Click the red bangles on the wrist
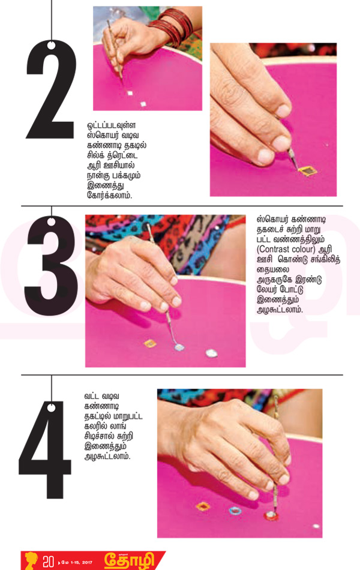click(x=170, y=26)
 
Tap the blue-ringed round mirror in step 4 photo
click(x=235, y=511)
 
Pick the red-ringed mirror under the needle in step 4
click(x=271, y=515)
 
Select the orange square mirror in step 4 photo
click(x=203, y=506)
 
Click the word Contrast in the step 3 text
click(x=275, y=250)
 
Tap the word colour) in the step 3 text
click(x=305, y=250)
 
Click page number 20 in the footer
click(x=49, y=561)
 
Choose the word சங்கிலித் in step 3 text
click(x=323, y=260)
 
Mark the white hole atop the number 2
click(x=51, y=46)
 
